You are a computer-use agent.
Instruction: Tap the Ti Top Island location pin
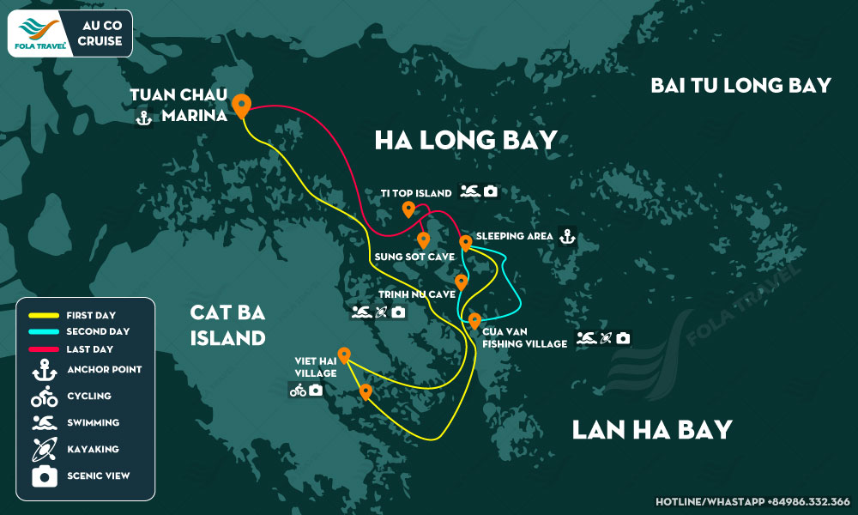408,209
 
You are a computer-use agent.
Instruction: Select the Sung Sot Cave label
401,256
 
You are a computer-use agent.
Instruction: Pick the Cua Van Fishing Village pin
474,322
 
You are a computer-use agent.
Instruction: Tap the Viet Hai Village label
314,367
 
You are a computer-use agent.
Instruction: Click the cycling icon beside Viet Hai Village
298,391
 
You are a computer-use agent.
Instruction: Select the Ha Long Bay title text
466,140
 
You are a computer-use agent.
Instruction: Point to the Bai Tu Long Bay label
740,85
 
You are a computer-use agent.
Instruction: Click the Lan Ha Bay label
652,428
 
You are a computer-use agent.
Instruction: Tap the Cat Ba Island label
227,325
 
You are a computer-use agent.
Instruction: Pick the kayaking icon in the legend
44,449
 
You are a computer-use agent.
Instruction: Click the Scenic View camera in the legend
44,476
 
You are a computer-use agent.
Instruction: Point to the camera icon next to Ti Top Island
490,191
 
